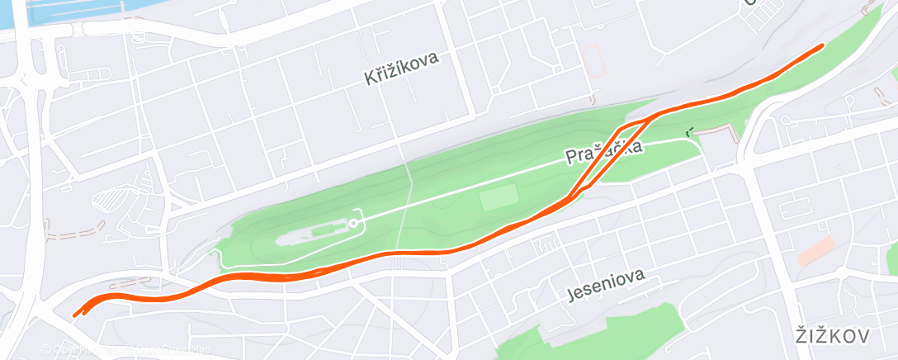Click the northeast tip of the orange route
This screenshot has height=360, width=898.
point(820,46)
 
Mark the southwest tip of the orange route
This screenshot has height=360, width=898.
point(76,313)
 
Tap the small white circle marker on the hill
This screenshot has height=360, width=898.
point(353,223)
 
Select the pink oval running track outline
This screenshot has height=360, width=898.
point(592,64)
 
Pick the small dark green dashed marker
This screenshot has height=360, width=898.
point(689,130)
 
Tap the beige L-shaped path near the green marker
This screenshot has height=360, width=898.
point(718,130)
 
